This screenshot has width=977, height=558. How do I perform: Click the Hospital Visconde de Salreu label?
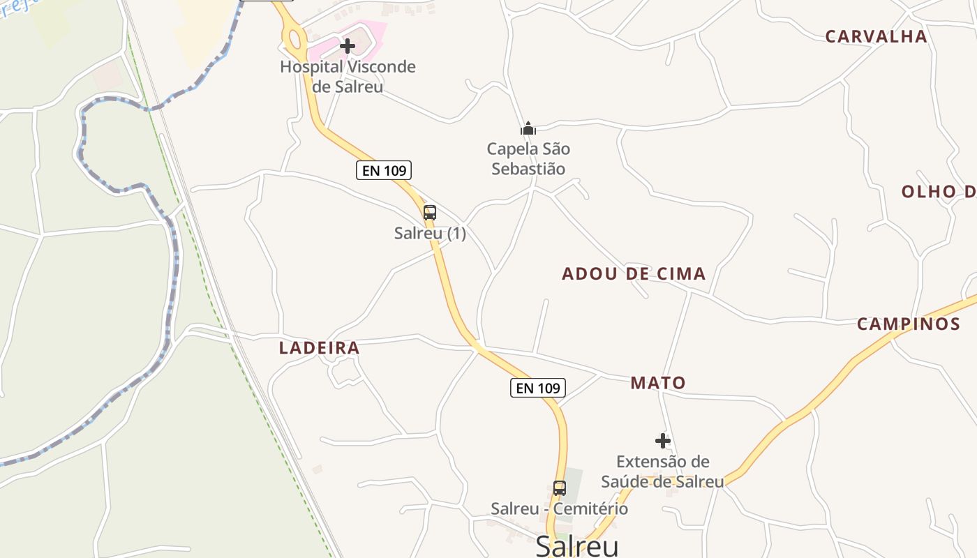tap(348, 77)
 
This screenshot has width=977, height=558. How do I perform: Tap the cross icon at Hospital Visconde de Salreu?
tap(348, 46)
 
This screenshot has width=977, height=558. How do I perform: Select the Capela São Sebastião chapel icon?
tap(528, 128)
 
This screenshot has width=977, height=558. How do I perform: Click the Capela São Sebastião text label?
tap(528, 159)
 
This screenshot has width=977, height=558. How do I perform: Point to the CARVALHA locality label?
tap(876, 36)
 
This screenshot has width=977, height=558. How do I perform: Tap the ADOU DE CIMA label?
tap(634, 274)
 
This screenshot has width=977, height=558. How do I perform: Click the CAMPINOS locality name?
tap(909, 324)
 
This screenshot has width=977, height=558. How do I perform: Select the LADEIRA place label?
tap(320, 348)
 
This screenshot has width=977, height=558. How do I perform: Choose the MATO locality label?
tap(658, 383)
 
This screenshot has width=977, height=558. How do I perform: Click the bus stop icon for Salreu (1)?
tap(430, 213)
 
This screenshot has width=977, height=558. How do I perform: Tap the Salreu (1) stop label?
tap(430, 234)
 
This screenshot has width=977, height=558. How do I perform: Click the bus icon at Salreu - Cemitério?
tap(560, 488)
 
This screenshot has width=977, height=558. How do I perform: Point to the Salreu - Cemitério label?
tap(559, 509)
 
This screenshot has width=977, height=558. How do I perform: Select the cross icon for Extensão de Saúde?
tap(663, 441)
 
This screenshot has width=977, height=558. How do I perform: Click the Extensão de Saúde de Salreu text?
tap(662, 472)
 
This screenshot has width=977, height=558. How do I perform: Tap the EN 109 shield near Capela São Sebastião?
tap(384, 170)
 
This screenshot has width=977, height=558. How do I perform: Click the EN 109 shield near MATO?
tap(538, 388)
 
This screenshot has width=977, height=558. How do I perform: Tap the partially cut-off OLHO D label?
tap(938, 192)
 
